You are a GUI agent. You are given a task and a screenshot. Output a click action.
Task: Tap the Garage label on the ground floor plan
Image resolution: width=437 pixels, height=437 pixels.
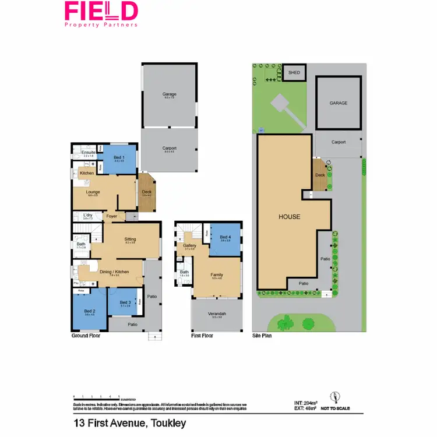pyautogui.click(x=170, y=94)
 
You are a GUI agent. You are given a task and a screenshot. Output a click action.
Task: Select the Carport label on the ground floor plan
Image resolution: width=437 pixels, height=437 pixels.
pyautogui.click(x=170, y=148)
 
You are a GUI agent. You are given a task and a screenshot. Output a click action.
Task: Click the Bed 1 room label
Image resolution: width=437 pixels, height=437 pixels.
pyautogui.click(x=118, y=157)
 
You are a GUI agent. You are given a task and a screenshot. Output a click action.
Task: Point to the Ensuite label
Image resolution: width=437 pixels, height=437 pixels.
pyautogui.click(x=88, y=153)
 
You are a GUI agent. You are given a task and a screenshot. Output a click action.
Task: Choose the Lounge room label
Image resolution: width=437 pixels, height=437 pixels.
pyautogui.click(x=93, y=192)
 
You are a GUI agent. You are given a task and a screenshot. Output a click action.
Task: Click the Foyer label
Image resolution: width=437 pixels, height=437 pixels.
pyautogui.click(x=112, y=216)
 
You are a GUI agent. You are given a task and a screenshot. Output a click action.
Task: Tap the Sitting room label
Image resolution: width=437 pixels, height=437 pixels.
pyautogui.click(x=131, y=239)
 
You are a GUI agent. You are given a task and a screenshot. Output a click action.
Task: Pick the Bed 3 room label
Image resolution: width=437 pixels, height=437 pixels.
pyautogui.click(x=125, y=302)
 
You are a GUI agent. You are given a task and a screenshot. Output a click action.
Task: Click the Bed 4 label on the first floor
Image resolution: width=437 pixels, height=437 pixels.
pyautogui.click(x=225, y=237)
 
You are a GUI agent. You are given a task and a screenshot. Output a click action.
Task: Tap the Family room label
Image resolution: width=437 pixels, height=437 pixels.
pyautogui.click(x=217, y=274)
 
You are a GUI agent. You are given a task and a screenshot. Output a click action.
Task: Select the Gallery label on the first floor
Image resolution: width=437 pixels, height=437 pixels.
pyautogui.click(x=190, y=246)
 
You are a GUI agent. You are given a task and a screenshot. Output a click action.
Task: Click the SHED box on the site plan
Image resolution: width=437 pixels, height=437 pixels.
pyautogui.click(x=294, y=72)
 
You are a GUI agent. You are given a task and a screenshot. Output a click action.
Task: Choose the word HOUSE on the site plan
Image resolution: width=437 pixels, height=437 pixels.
pyautogui.click(x=289, y=217)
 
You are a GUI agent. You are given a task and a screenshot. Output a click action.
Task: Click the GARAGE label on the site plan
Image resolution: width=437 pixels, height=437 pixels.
pyautogui.click(x=339, y=103)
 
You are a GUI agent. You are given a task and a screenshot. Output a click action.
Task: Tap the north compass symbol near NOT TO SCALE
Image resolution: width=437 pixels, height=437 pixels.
pyautogui.click(x=334, y=397)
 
